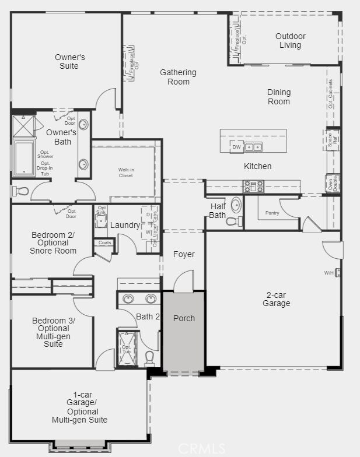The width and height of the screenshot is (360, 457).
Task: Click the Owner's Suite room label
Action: pyautogui.click(x=70, y=61)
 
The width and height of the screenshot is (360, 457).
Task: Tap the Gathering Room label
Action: pyautogui.click(x=178, y=77)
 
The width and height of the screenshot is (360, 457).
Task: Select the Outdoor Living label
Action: pyautogui.click(x=290, y=41)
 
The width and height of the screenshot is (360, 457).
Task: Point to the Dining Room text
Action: pyautogui.click(x=279, y=97)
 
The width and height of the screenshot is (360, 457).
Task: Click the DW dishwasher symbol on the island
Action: pyautogui.click(x=236, y=147)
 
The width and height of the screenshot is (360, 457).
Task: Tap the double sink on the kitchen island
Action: pyautogui.click(x=253, y=147)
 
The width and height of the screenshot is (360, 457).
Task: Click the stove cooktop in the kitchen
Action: pyautogui.click(x=253, y=187)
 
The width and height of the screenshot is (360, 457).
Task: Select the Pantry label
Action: pyautogui.click(x=272, y=213)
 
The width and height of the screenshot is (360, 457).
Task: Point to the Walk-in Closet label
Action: pyautogui.click(x=125, y=173)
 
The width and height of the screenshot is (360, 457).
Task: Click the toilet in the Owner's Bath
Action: pyautogui.click(x=22, y=191)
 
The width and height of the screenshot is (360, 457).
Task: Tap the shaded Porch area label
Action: pyautogui.click(x=184, y=318)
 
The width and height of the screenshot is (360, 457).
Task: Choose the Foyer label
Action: pyautogui.click(x=184, y=254)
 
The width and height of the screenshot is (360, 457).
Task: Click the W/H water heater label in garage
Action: pyautogui.click(x=328, y=273)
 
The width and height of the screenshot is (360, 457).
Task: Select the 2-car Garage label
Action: pyautogui.click(x=276, y=299)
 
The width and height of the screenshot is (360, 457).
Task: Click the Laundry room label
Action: pyautogui.click(x=125, y=225)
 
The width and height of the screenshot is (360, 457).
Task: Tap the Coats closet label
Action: pyautogui.click(x=105, y=242)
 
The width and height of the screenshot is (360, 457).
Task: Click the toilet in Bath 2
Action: pyautogui.click(x=149, y=356)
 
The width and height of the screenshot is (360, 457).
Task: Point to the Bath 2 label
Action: pyautogui.click(x=148, y=317)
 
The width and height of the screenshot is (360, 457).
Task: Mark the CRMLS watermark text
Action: pyautogui.click(x=201, y=448)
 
